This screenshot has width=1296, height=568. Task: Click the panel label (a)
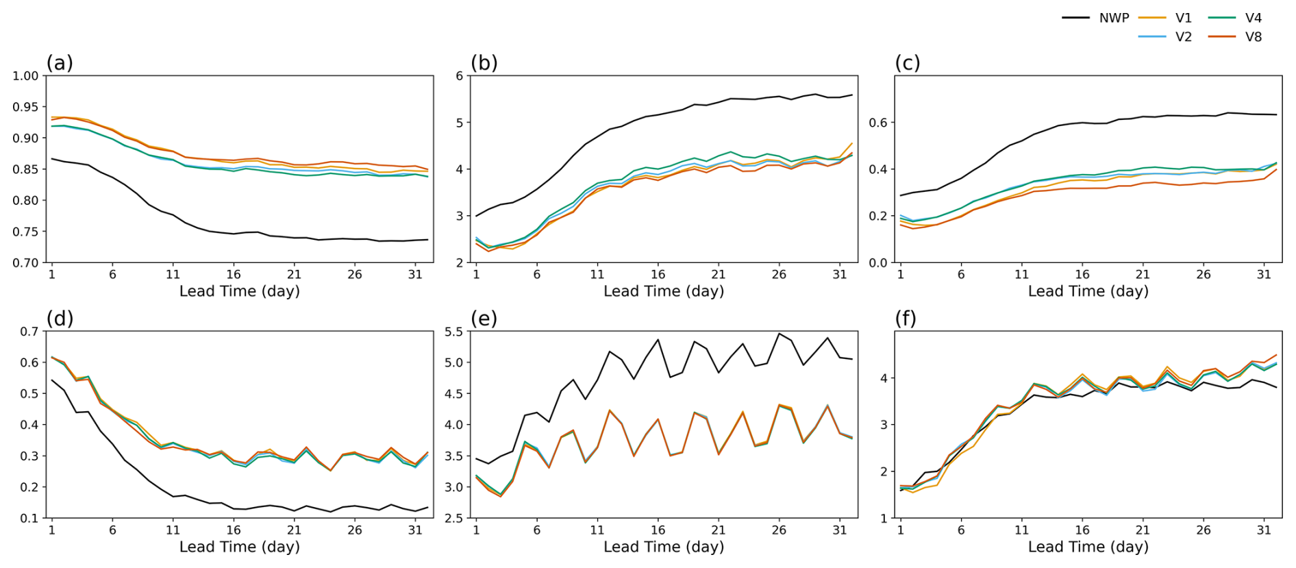[60, 63]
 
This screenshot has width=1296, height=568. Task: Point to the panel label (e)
[484, 319]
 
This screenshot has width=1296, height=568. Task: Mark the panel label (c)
[908, 63]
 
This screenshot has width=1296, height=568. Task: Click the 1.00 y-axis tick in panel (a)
[25, 76]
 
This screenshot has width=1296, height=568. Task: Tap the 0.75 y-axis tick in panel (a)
[25, 232]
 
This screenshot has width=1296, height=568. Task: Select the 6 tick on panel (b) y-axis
[460, 76]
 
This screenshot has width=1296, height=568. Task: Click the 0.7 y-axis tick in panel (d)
[29, 332]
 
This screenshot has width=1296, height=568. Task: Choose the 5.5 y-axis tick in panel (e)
[453, 332]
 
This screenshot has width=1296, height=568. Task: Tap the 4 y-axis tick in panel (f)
[884, 378]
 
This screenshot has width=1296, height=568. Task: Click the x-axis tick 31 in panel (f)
[1264, 530]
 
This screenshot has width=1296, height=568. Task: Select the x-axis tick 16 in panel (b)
[658, 274]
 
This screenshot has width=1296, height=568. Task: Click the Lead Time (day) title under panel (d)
[239, 547]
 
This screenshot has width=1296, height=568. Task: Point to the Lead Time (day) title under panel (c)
[1088, 291]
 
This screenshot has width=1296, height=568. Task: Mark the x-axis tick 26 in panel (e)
[779, 530]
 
